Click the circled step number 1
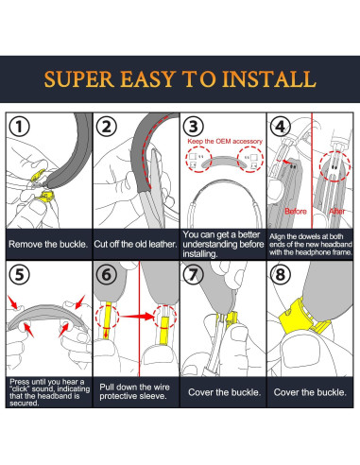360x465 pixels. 19,127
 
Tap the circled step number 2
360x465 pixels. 107,127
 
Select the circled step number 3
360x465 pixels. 194,127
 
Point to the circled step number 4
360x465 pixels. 281,127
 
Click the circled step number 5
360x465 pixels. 19,274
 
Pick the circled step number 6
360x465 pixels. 107,274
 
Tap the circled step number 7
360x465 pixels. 194,274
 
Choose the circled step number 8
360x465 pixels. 281,274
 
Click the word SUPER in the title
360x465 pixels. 79,79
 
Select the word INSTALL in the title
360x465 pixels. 269,79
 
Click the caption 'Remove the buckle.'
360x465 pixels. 48,244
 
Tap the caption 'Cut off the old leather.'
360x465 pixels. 136,244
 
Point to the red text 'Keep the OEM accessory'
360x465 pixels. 225,141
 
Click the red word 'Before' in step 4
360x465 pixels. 296,211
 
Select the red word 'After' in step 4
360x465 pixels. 337,211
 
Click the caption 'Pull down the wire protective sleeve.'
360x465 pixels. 134,391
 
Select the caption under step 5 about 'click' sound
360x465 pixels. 49,392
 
